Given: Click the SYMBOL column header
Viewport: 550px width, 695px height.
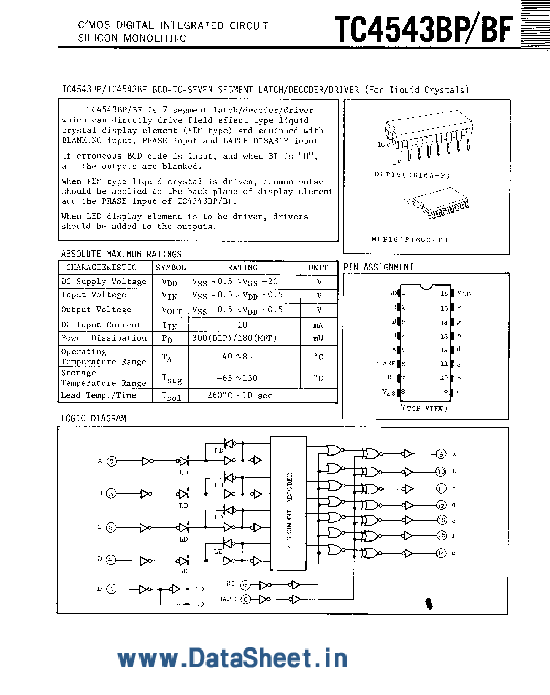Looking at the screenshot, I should point(171,268).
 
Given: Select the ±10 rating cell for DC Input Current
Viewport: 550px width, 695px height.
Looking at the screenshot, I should point(240,324).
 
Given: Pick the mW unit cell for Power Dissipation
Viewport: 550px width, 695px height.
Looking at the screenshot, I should point(318,338).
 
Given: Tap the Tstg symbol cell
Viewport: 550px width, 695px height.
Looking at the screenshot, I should point(171,378).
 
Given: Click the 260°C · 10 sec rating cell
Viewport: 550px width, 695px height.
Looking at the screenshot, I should point(240,396).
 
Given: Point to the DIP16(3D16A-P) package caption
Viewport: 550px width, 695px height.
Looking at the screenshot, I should point(412,175).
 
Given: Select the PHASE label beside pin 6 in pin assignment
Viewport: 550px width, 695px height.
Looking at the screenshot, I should point(384,363).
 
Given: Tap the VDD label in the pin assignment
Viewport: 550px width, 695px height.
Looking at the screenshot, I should point(464,294).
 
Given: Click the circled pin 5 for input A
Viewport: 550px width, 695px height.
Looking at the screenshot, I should point(111,461).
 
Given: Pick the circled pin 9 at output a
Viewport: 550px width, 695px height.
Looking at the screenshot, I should point(441,454).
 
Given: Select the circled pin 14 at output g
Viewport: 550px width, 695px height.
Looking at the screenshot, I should point(441,554).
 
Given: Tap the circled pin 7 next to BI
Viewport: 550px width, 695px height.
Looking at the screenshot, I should point(245,585).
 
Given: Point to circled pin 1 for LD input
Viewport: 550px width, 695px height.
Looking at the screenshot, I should point(111,589).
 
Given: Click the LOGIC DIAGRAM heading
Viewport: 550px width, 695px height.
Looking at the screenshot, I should point(93,419).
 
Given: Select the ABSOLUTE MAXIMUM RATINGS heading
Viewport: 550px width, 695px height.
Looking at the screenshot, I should point(121,254).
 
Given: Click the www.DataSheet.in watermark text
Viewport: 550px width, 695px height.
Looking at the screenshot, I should point(232,658).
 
